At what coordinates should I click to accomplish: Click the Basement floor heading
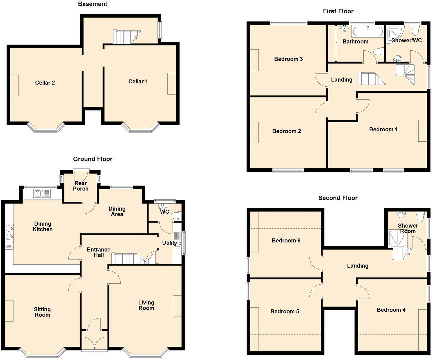pos(92,4)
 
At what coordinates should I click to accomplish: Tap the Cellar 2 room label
pos(45,83)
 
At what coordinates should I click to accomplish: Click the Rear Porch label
pos(81,186)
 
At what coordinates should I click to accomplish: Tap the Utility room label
pos(169,243)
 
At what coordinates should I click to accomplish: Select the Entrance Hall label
pos(98,252)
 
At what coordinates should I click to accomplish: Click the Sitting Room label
pos(42,312)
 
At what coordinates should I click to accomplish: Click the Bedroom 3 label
pos(288,59)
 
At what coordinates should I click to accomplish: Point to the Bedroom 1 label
pos(383,129)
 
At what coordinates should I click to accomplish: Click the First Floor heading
pos(338,11)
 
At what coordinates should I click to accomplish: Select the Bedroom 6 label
pos(286,240)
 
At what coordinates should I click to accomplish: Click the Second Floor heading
pos(338,198)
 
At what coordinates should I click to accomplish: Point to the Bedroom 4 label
pos(391,310)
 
